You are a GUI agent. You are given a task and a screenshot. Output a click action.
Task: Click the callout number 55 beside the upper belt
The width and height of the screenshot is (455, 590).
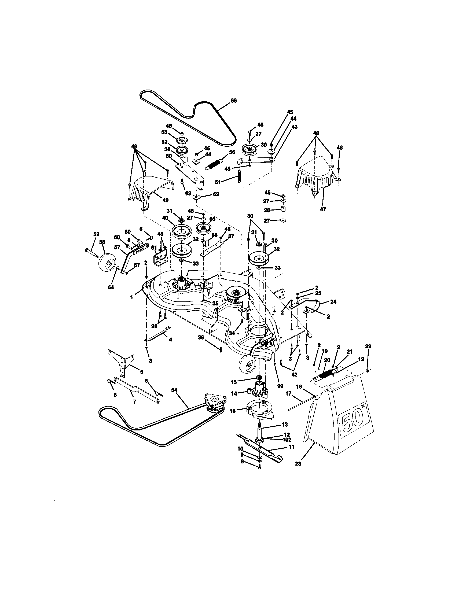[233, 101]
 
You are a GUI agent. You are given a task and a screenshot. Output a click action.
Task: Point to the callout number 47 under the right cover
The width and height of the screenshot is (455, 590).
[323, 209]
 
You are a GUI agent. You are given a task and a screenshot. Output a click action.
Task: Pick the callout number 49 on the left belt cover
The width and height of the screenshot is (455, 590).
[165, 200]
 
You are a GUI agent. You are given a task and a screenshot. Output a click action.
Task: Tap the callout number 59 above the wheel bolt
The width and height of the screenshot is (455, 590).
[97, 234]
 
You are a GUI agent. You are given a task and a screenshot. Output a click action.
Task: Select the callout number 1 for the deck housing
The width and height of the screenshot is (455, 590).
[131, 297]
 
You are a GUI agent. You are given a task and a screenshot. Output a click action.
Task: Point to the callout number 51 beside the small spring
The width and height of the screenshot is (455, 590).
[218, 182]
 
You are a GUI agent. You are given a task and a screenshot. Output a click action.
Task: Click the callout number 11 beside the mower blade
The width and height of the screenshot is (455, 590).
[292, 447]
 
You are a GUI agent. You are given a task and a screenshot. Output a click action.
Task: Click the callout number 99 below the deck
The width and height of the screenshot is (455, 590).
[280, 386]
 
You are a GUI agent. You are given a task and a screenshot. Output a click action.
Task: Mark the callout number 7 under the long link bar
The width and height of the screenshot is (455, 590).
[134, 402]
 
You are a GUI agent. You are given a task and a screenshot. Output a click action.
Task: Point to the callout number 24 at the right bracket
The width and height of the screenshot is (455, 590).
[333, 302]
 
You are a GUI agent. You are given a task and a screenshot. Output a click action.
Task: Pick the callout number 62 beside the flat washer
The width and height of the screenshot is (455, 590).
[216, 194]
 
